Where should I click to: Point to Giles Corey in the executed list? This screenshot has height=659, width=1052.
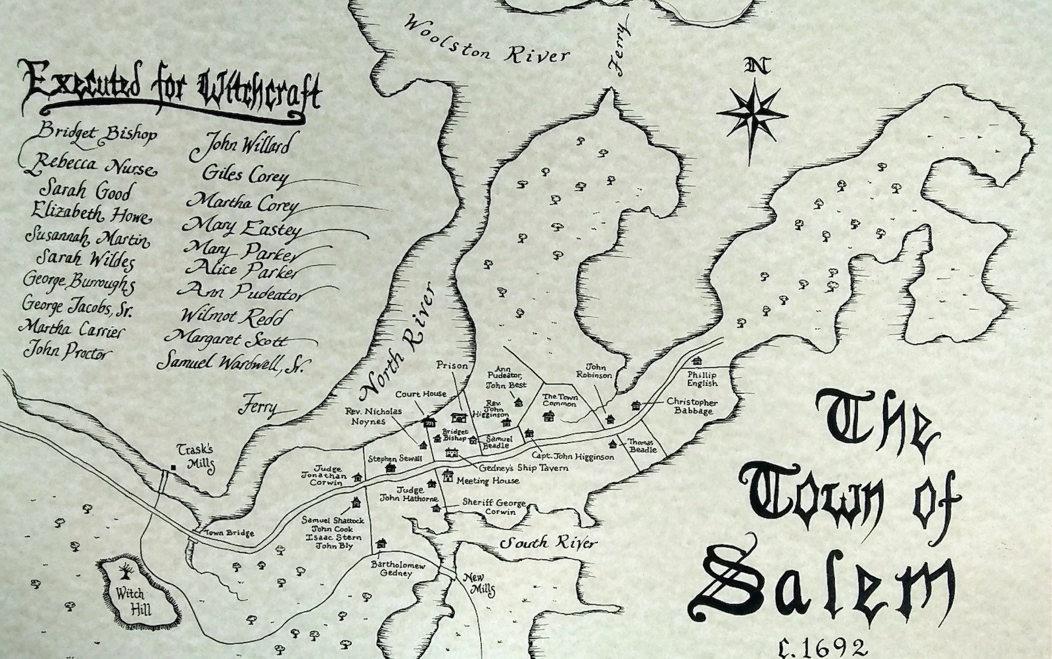[x=244, y=174]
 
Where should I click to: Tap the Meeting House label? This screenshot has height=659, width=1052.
[x=488, y=481]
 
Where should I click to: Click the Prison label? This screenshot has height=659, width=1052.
[x=452, y=365]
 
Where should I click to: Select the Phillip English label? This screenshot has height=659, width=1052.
[x=702, y=379]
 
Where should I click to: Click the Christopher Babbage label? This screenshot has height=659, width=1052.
[x=692, y=406]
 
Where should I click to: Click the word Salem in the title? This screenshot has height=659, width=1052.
[x=821, y=583]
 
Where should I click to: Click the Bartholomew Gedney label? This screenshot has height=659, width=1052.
[x=397, y=569]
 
